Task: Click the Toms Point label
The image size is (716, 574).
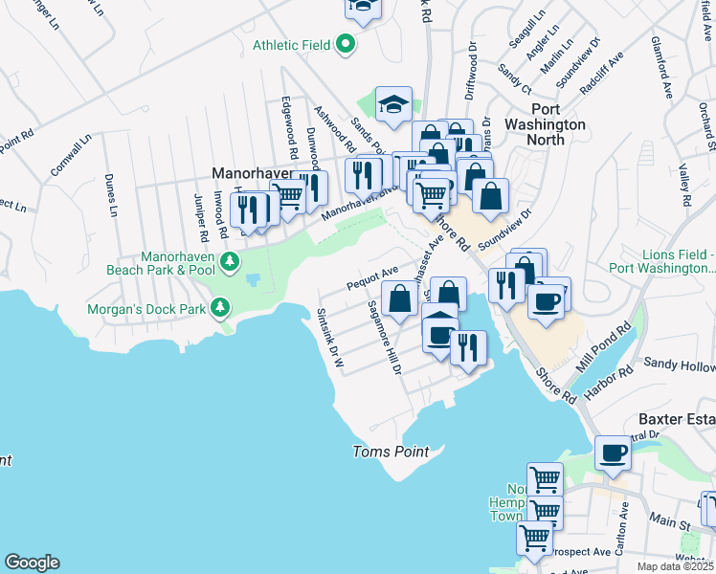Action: (391, 452)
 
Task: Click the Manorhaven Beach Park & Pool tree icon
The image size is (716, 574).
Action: (229, 261)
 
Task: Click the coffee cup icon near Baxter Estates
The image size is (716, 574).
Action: (613, 452)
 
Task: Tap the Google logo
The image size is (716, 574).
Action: (32, 563)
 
